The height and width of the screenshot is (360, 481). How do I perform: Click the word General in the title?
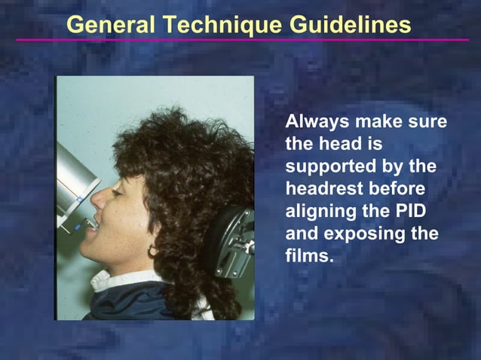pyautogui.click(x=109, y=24)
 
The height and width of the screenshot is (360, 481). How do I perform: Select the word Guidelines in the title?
pyautogui.click(x=351, y=24)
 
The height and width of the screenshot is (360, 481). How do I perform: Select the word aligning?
pyautogui.click(x=319, y=212)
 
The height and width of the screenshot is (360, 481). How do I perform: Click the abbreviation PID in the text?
pyautogui.click(x=419, y=211)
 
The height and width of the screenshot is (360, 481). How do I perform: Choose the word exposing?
pyautogui.click(x=358, y=234)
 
